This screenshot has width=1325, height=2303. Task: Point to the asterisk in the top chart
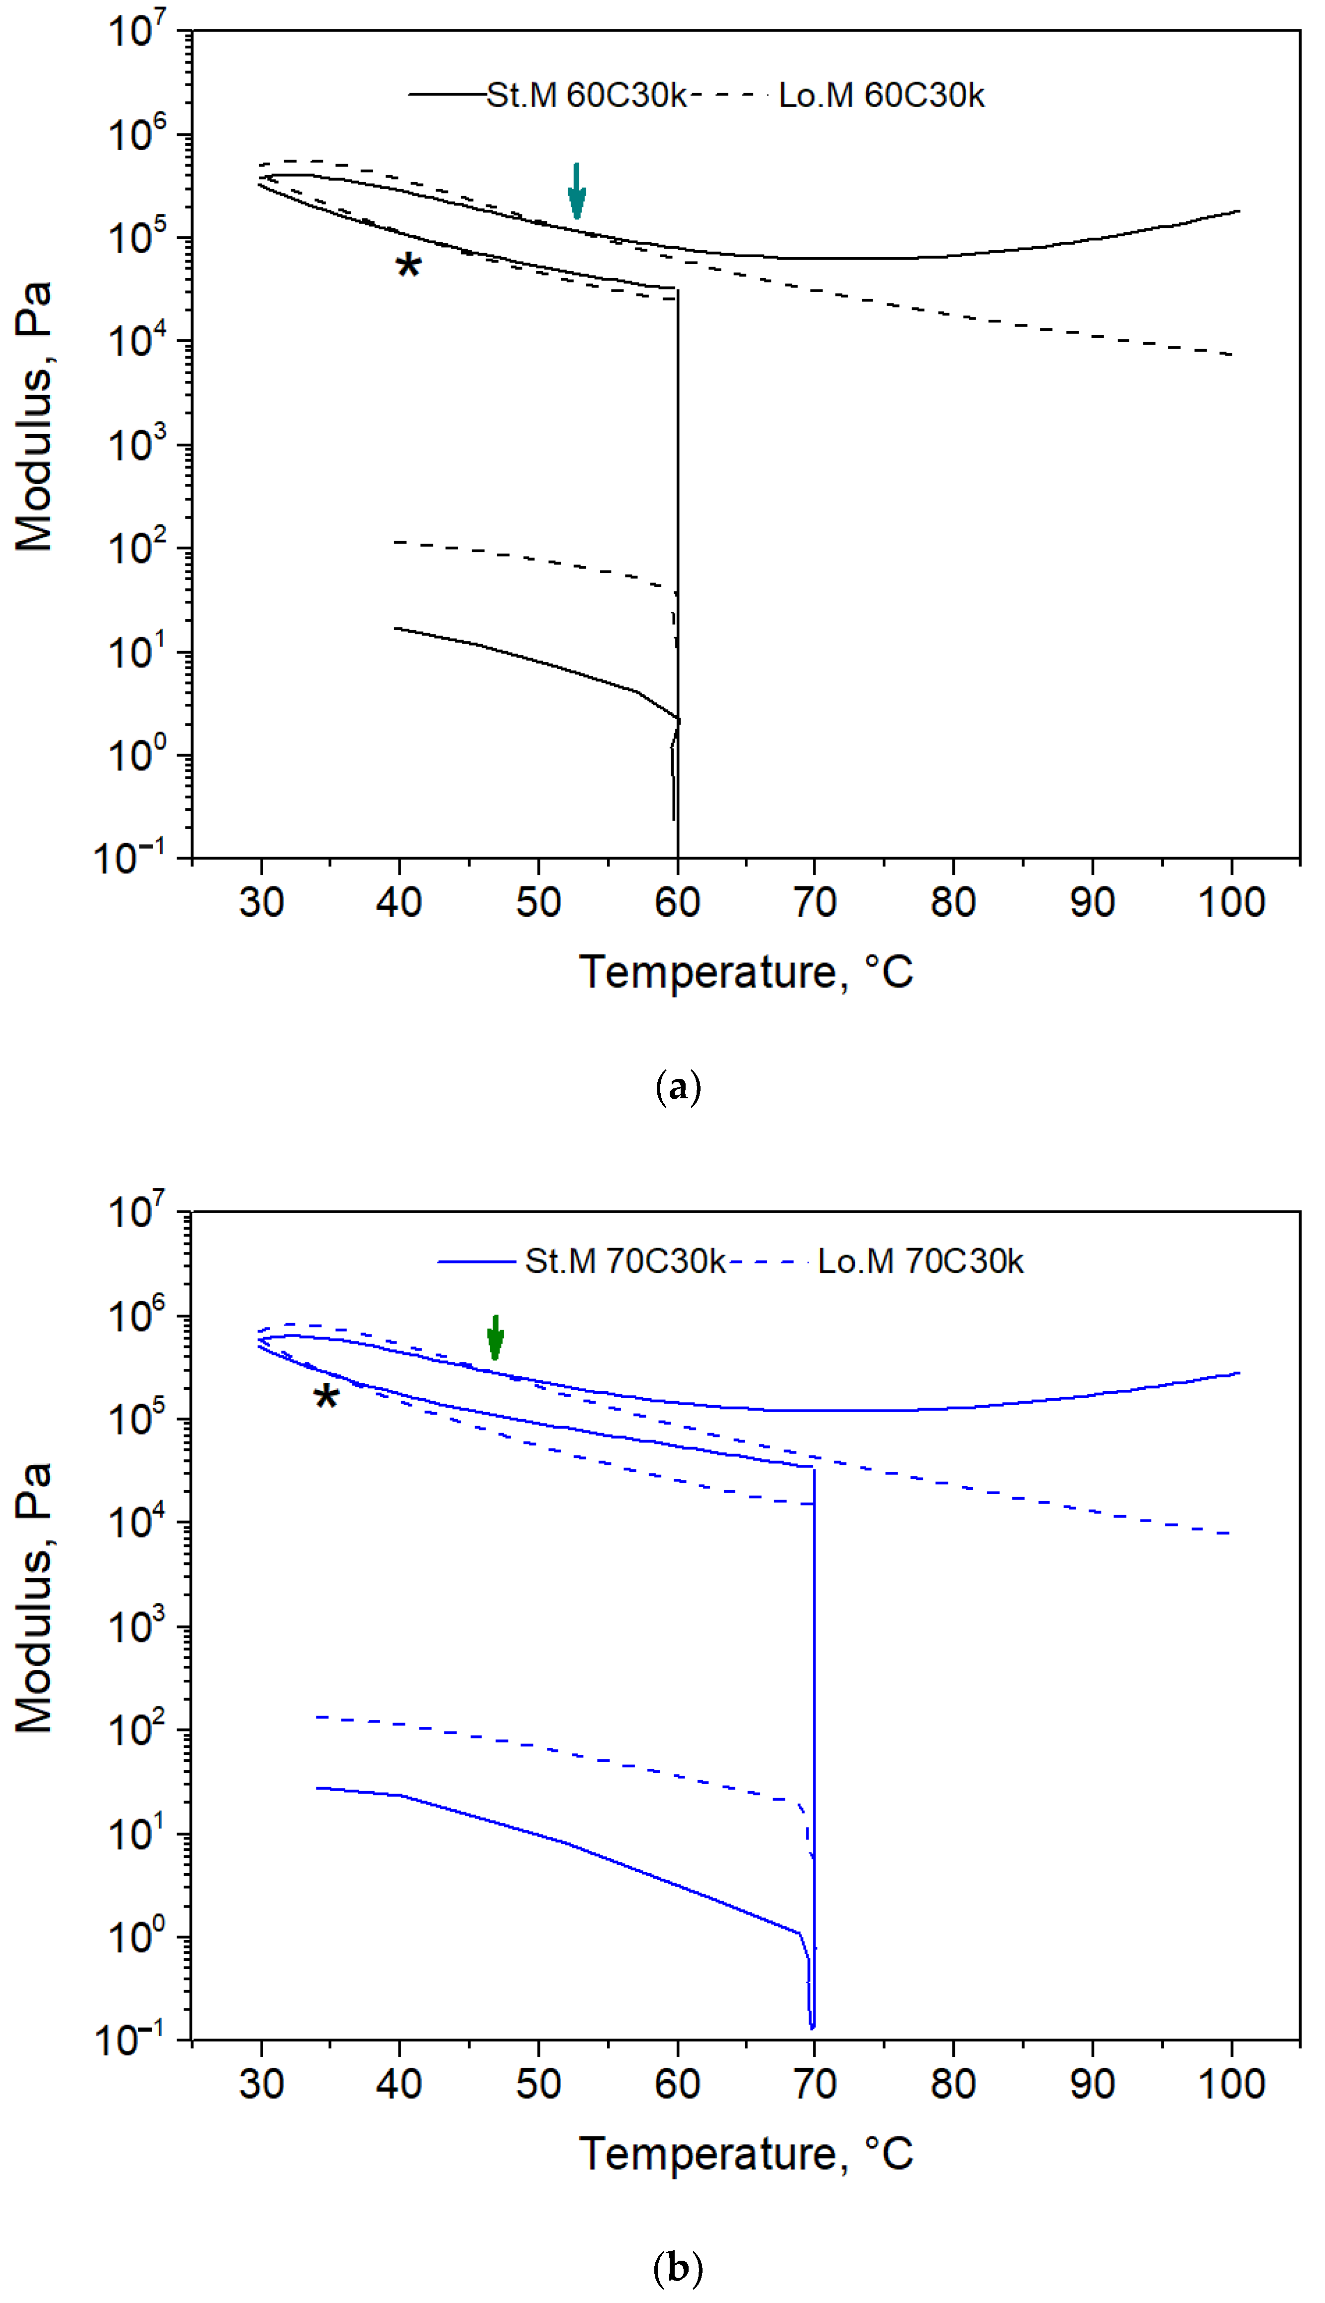408,266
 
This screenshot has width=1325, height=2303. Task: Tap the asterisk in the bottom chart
326,1397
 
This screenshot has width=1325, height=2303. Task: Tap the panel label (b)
678,2269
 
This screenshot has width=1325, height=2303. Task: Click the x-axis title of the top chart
746,971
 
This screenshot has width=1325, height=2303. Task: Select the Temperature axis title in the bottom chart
746,2153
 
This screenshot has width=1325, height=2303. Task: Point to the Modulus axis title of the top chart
35,416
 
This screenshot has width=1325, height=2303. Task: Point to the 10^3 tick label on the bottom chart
136,1627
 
